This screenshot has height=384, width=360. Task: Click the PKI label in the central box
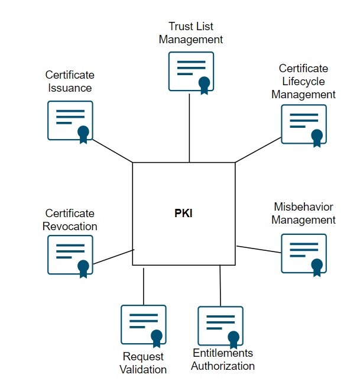[183, 214]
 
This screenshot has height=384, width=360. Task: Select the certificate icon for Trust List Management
[190, 72]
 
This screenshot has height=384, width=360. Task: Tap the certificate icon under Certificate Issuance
[70, 120]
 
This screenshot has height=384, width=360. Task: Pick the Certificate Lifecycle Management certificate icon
[303, 124]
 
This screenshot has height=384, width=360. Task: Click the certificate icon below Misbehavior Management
[303, 253]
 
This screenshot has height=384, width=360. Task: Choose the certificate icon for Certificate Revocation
[70, 254]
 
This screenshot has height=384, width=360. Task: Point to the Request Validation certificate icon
[143, 324]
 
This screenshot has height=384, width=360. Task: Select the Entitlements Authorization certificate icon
[220, 325]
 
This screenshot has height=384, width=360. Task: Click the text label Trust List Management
[190, 33]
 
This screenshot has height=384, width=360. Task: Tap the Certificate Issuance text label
[70, 82]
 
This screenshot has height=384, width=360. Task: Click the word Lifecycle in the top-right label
[307, 81]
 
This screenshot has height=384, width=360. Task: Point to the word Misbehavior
[303, 207]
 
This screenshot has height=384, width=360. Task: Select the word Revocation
[70, 226]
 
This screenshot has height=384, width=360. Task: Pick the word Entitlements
[223, 353]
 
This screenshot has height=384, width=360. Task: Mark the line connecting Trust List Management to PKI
[189, 127]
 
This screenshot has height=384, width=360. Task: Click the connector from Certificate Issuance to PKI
[112, 151]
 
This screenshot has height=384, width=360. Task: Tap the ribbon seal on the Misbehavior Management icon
[317, 266]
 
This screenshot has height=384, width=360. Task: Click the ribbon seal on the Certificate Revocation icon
[83, 267]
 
